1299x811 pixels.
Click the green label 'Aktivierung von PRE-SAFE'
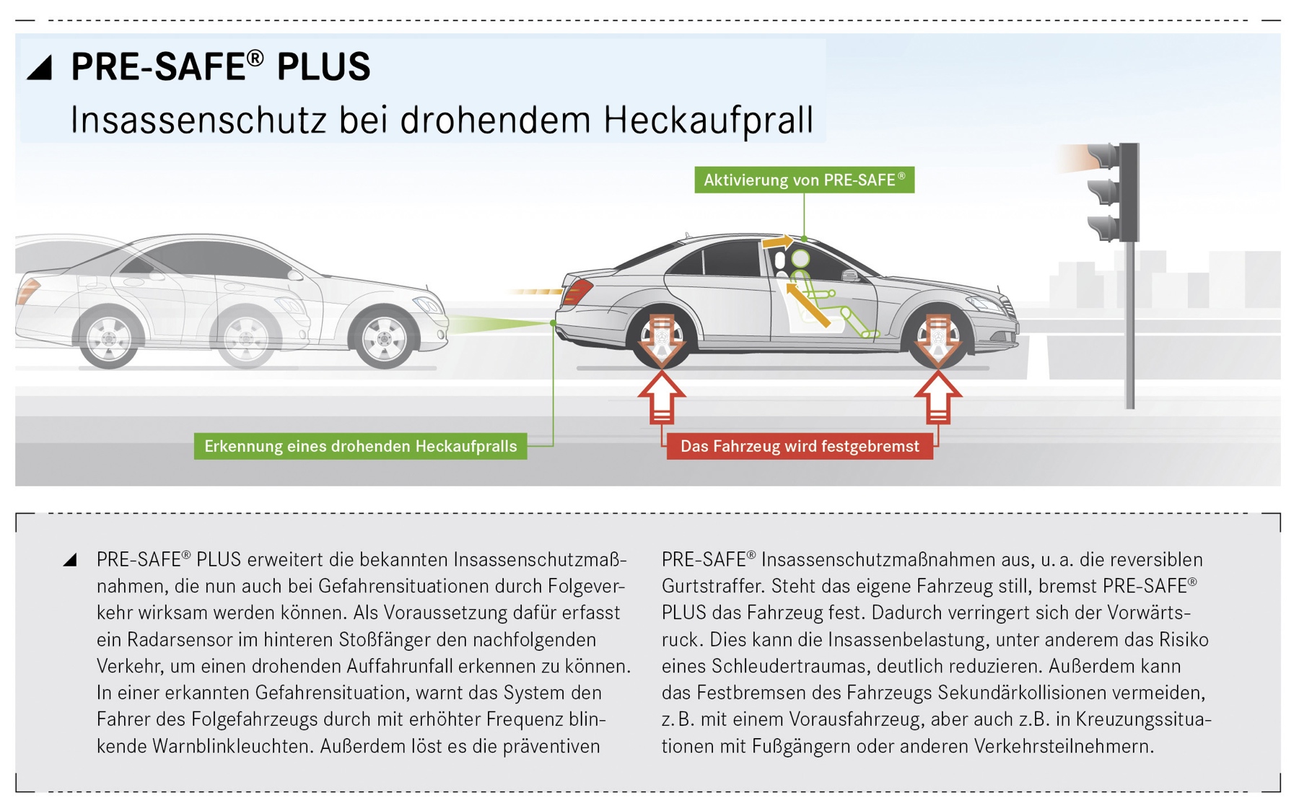coord(804,180)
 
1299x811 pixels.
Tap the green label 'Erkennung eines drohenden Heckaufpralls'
coord(360,446)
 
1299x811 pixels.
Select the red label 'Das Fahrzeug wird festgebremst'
coord(800,446)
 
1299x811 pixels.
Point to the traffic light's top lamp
coord(1103,155)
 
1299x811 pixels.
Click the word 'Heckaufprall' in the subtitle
coord(709,120)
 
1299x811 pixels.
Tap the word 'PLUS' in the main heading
coord(323,67)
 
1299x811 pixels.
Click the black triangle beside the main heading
coord(40,67)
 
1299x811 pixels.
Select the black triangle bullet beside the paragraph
coord(70,560)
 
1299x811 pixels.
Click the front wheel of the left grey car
coord(383,337)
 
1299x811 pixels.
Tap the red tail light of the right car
coord(578,293)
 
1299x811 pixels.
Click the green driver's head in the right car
coord(800,258)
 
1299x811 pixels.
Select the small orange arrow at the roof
coord(778,242)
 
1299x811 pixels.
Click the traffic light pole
coord(1129,325)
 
